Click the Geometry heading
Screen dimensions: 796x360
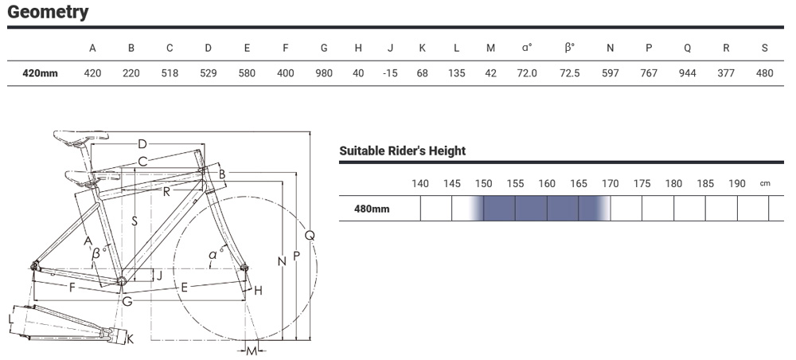(x=48, y=12)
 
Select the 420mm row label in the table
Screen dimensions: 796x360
(x=40, y=73)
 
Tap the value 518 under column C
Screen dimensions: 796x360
(x=170, y=73)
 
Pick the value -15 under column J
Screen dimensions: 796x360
(x=390, y=73)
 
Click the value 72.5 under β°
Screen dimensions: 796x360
(x=570, y=73)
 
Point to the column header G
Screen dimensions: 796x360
(x=324, y=49)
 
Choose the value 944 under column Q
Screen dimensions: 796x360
(x=688, y=73)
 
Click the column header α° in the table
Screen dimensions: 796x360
(x=527, y=48)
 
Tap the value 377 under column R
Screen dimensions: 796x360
(x=726, y=73)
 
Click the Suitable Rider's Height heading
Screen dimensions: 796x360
(x=403, y=151)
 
